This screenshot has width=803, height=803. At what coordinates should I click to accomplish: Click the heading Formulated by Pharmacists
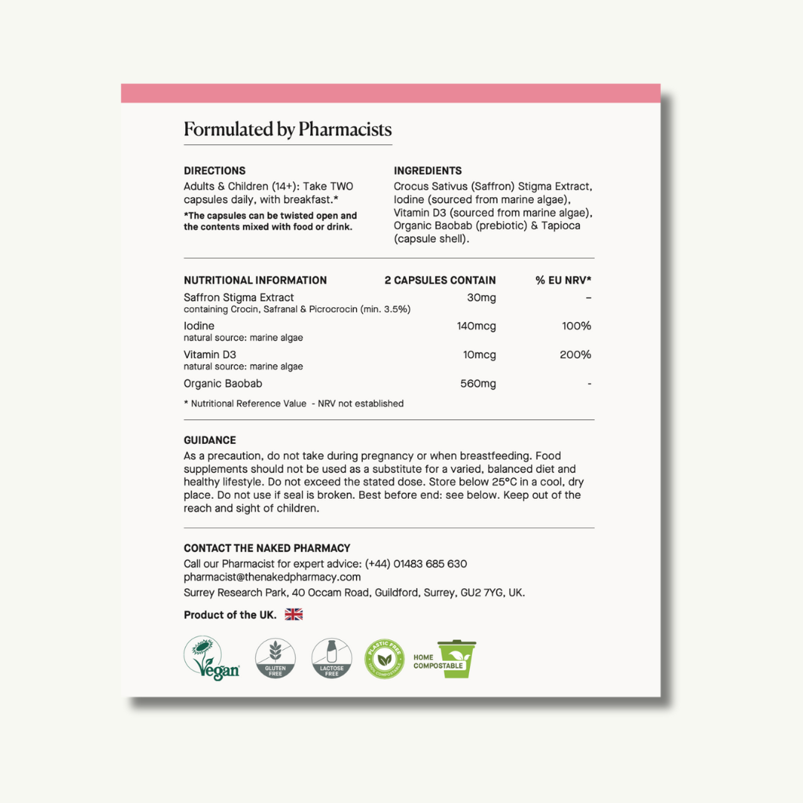tap(288, 130)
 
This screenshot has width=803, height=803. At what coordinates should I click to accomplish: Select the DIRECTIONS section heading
tap(215, 170)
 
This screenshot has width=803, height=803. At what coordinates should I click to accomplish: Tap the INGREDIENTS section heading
tap(428, 170)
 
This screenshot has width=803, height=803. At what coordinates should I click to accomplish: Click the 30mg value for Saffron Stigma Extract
tap(482, 297)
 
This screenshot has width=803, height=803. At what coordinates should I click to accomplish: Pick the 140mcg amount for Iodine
tap(476, 326)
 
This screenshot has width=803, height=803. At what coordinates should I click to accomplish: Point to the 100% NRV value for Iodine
tap(576, 326)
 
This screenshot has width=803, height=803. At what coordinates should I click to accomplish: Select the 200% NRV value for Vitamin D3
tap(575, 355)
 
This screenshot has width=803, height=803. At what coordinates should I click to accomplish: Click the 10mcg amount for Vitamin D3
tap(479, 355)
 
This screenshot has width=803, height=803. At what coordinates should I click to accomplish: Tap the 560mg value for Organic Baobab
tap(478, 384)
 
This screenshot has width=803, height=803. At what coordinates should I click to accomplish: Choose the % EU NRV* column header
tap(563, 280)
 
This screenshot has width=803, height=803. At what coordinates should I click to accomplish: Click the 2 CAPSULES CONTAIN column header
tap(440, 280)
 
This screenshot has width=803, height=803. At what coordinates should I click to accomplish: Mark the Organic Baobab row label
tap(223, 384)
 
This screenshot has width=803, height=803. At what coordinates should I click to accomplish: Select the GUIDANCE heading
tap(210, 440)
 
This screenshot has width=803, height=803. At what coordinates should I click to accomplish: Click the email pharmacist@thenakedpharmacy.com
tap(272, 577)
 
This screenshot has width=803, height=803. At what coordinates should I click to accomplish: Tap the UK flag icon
tap(294, 614)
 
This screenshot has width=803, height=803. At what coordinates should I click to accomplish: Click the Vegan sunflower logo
tap(211, 658)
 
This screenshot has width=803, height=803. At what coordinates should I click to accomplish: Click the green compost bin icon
tap(457, 659)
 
